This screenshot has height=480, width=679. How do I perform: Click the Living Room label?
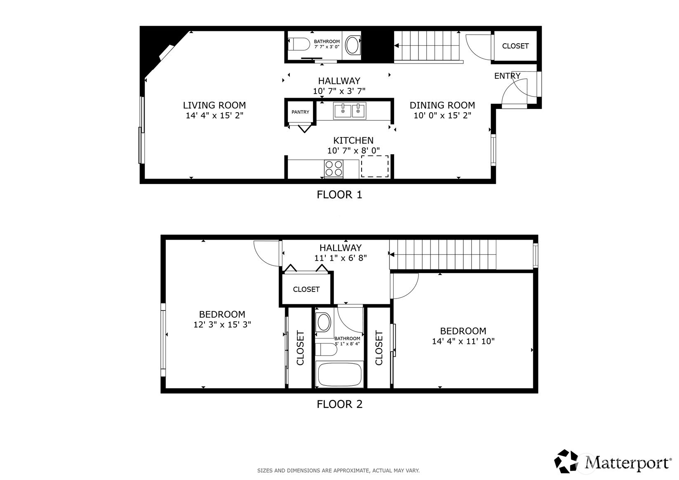pos(214,105)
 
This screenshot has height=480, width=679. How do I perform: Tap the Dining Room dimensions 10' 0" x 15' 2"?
pos(442,115)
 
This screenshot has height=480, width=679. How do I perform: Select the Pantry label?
pos(301,112)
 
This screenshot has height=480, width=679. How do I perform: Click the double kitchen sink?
pos(350,111)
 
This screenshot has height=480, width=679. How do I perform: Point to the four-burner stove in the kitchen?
pos(334,169)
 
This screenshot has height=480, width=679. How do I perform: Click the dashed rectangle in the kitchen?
pos(375,166)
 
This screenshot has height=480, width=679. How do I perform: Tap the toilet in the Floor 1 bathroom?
pos(298,44)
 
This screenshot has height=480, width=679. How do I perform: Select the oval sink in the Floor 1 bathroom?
pos(352,45)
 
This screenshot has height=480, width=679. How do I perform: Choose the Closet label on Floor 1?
pos(515,46)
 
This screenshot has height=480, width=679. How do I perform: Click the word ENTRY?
pos(507,76)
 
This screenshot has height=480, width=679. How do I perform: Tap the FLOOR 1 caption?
pos(340,195)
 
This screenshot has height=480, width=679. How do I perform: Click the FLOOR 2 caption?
pos(340,404)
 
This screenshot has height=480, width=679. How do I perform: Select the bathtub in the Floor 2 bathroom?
pos(339,374)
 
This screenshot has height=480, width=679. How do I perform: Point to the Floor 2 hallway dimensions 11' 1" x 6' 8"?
pos(341,258)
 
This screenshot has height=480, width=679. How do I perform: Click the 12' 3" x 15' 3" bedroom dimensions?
pos(222,325)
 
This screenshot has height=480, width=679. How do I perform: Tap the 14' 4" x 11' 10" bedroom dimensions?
pos(463,341)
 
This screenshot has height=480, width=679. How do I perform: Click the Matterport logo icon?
pos(566,461)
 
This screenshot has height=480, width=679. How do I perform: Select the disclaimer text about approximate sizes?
pos(338,471)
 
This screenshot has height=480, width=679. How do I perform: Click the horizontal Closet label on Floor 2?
pos(306,289)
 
